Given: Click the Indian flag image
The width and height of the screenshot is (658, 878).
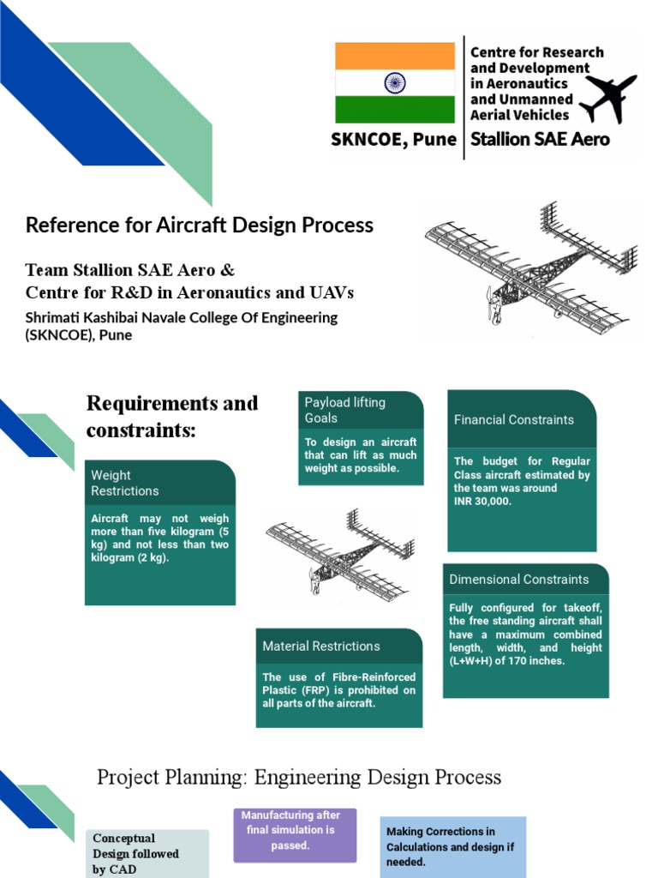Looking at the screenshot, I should (394, 83).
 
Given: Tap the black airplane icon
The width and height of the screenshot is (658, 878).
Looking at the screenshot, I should (608, 97).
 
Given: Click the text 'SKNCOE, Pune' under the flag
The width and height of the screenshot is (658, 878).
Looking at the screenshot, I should (394, 140).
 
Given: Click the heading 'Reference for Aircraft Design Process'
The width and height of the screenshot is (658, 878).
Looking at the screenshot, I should (200, 226).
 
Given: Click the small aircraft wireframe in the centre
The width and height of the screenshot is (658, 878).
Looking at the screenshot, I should (340, 553).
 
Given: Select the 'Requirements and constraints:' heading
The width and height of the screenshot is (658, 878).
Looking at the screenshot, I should (172, 416).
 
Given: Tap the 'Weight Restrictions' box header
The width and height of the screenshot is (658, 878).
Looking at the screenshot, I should (160, 483).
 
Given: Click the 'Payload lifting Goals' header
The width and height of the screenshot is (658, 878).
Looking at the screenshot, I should (361, 410).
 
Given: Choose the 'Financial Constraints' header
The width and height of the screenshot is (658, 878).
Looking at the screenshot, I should (522, 419).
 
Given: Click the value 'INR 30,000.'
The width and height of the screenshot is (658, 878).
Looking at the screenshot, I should (482, 502).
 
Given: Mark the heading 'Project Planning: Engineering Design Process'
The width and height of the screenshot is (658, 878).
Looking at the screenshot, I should (299, 778).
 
